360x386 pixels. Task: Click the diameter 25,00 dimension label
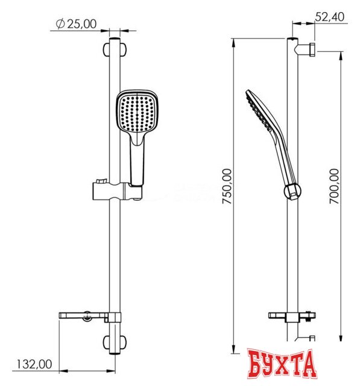75,24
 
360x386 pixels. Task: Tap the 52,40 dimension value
330,17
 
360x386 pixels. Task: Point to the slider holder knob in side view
292,191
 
